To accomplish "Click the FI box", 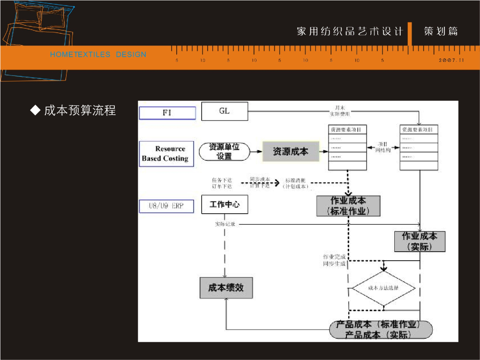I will pos(167,113).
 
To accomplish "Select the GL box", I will pos(225,112).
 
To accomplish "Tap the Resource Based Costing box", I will pos(165,154).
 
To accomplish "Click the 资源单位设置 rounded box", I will pos(224,152).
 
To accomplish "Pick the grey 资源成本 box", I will pos(291,151).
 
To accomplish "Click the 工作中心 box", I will pos(225,205).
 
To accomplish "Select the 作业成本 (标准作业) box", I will pos(348,206).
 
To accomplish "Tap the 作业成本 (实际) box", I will pos(420,241).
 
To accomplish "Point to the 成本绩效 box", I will pos(226,287).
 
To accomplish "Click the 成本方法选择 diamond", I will pos(383,288).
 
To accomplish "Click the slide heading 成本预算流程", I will pos(80,111).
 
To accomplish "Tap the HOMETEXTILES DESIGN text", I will pos(98,54).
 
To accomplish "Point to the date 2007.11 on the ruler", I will pos(451,60).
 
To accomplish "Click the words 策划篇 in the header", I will pos(441,31).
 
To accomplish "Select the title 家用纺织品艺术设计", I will pos(350,31).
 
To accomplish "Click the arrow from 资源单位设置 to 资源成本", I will pos(256,151).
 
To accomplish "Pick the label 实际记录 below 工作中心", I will pos(225,224).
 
